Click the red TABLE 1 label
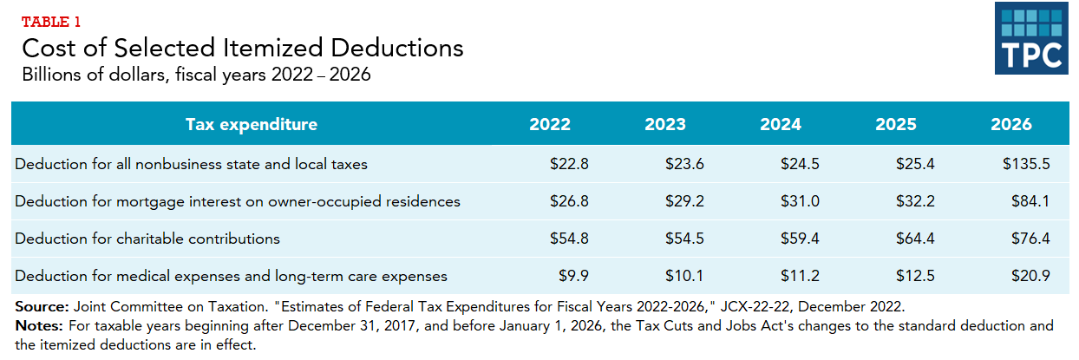click(x=51, y=22)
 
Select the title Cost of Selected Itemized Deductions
click(x=242, y=48)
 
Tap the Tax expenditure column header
click(x=252, y=124)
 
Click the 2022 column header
click(x=550, y=124)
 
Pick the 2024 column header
click(x=781, y=124)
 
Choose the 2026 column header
click(x=1011, y=124)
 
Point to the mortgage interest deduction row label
click(x=238, y=201)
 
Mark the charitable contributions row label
click(x=147, y=239)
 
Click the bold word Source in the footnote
click(x=41, y=307)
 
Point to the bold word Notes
click(x=38, y=326)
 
